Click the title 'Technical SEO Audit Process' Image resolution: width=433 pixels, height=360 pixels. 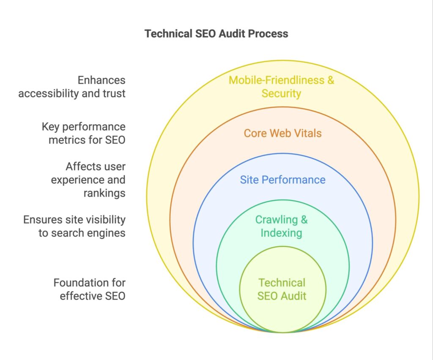(x=216, y=34)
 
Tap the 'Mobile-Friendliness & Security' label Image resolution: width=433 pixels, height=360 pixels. (x=281, y=86)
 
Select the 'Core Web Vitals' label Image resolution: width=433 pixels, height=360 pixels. (x=282, y=134)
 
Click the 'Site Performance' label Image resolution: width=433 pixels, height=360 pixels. (x=282, y=180)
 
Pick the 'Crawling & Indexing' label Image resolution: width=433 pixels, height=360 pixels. (x=281, y=226)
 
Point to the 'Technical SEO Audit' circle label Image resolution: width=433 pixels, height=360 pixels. (x=282, y=289)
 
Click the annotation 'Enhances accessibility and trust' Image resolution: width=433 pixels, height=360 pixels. (x=72, y=86)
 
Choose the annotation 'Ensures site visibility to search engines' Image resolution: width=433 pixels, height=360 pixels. (x=74, y=226)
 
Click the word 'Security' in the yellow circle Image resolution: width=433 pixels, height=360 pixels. (x=281, y=93)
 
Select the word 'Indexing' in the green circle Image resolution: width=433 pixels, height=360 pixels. (x=281, y=233)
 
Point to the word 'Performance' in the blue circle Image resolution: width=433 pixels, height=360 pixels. (x=299, y=180)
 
